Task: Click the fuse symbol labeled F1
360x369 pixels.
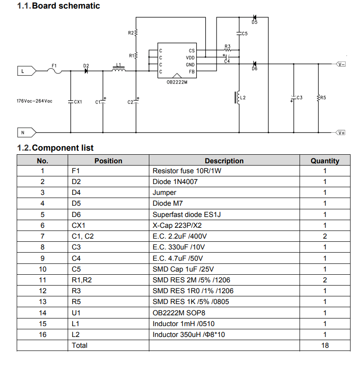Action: (x=55, y=70)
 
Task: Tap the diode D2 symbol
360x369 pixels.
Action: (x=86, y=71)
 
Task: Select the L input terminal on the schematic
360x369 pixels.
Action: (x=26, y=71)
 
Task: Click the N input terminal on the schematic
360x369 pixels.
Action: (x=26, y=133)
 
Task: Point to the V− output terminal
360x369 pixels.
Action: (x=340, y=64)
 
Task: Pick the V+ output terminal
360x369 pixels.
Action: (x=340, y=133)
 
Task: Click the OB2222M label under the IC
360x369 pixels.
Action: (x=176, y=82)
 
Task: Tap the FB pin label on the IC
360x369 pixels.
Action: (x=191, y=72)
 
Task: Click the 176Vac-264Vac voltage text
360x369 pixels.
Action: (x=34, y=101)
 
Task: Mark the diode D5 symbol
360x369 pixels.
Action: (x=254, y=18)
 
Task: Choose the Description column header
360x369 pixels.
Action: (x=224, y=161)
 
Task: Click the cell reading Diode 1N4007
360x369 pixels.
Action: (x=175, y=182)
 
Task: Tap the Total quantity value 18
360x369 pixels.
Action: (x=324, y=345)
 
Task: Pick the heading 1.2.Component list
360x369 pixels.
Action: (x=55, y=148)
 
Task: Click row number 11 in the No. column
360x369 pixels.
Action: (x=42, y=280)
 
